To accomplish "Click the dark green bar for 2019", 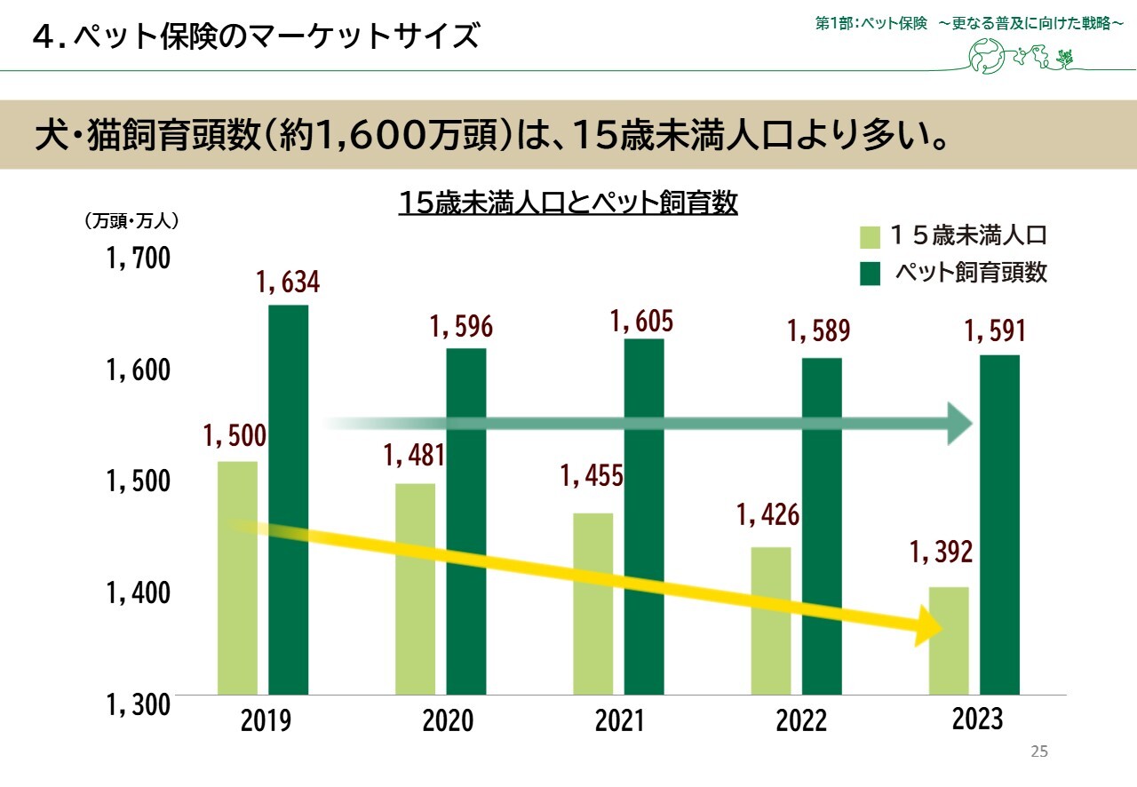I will (x=288, y=499).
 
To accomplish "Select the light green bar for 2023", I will (x=949, y=640).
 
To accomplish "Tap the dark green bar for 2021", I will (x=643, y=516).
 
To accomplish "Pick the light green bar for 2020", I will (x=415, y=588).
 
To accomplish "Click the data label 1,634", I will (x=288, y=283).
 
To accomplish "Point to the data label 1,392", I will (x=942, y=552).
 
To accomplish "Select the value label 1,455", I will (x=592, y=476).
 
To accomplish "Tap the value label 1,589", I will (x=819, y=331).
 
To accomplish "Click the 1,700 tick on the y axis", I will (x=138, y=259).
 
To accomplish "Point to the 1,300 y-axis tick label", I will (x=138, y=705).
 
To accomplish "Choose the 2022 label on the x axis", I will (x=801, y=720).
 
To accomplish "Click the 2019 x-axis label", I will (x=266, y=720).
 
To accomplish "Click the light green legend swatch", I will (x=871, y=237).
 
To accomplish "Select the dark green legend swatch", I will (x=871, y=274).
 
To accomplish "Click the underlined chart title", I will (x=568, y=203).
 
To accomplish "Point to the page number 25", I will (x=1039, y=752).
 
